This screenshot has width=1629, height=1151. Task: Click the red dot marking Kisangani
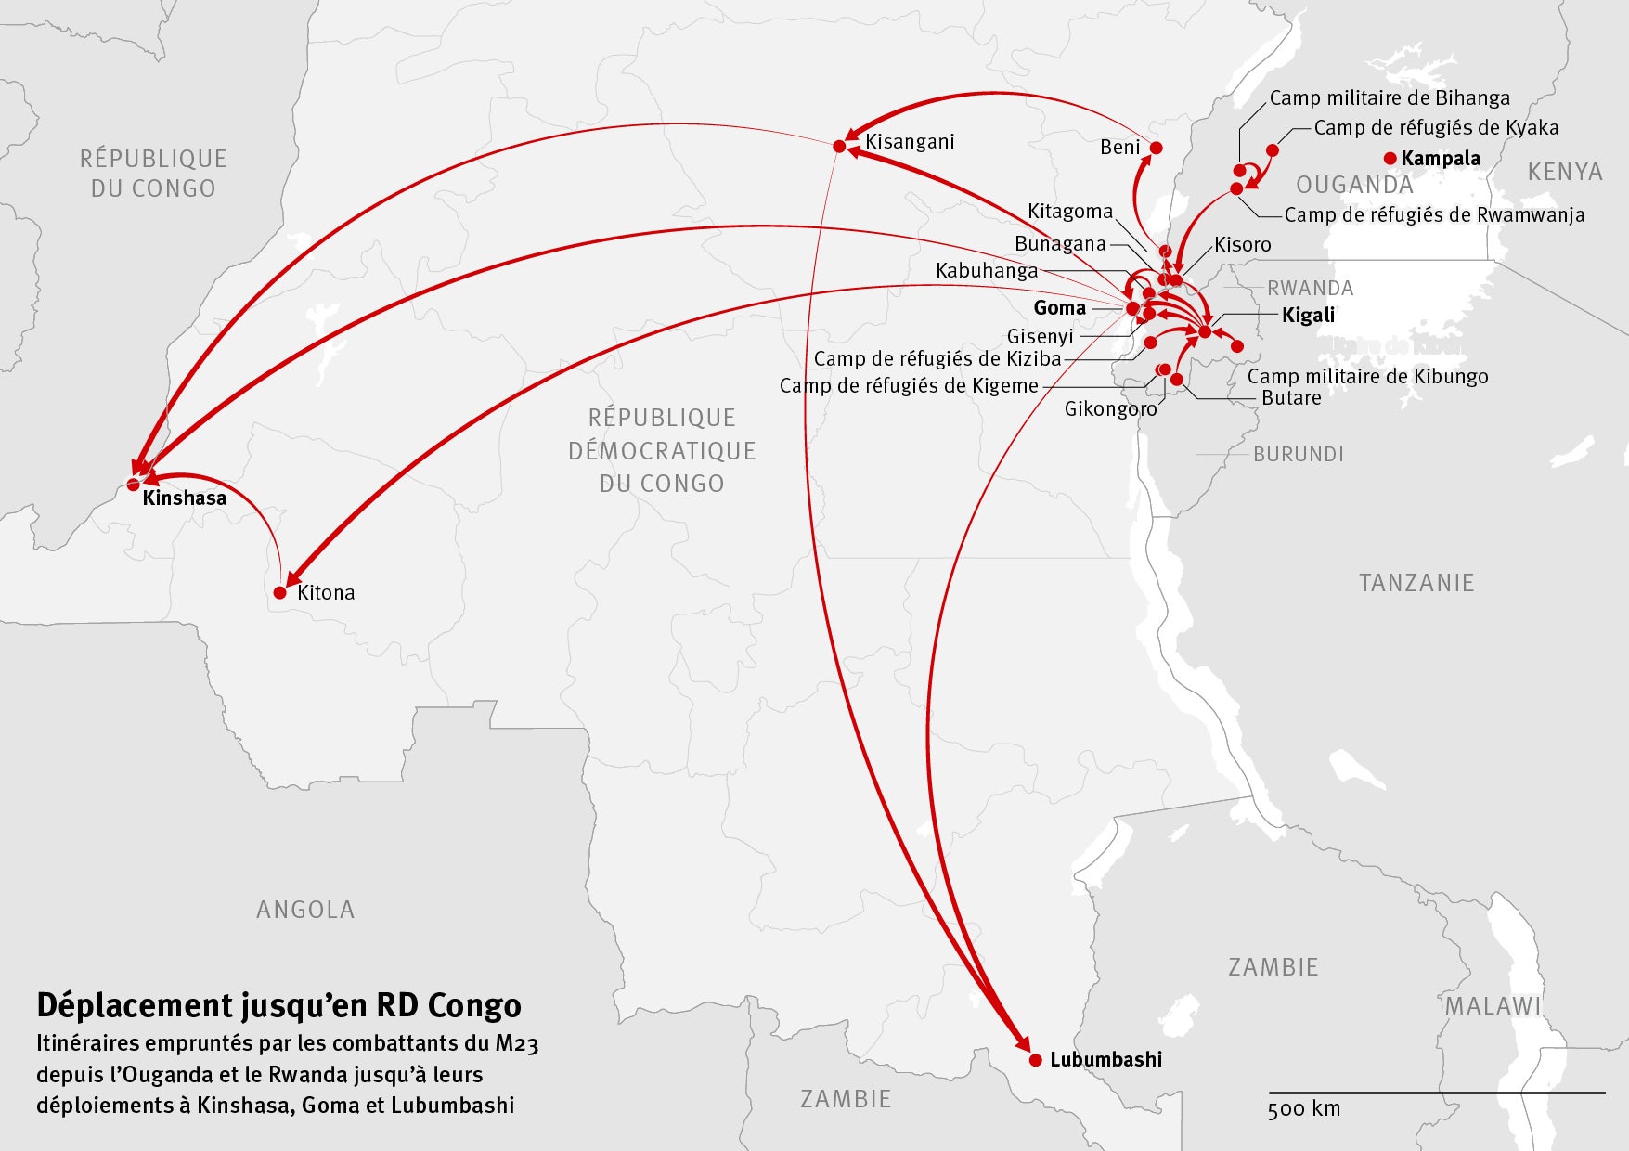coord(839,146)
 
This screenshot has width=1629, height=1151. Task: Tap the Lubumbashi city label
coord(1105,1059)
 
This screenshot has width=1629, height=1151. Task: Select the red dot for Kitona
coord(280,592)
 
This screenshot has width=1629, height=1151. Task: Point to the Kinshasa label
coord(184,498)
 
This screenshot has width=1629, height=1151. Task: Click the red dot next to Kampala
coord(1390,159)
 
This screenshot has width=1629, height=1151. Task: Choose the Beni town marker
coord(1157,148)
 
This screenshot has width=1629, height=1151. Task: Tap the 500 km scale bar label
coord(1304,1108)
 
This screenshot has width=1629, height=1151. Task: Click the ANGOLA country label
coord(305,910)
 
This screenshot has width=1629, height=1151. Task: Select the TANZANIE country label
coord(1416,583)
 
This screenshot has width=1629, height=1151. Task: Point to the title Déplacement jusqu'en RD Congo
coord(278,1005)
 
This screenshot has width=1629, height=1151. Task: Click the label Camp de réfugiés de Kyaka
coord(1436,128)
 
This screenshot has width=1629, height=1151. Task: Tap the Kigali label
coord(1308,315)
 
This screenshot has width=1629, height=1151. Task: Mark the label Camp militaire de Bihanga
coord(1389,97)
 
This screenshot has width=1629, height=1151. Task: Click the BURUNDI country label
coord(1298,454)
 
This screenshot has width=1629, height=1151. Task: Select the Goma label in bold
coord(1059,307)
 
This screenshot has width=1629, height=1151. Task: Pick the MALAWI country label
coord(1493,1005)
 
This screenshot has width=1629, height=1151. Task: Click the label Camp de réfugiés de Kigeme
coord(909,386)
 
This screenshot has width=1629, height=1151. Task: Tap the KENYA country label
coord(1565,172)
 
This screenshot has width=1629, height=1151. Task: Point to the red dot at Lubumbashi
coord(1036,1059)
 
